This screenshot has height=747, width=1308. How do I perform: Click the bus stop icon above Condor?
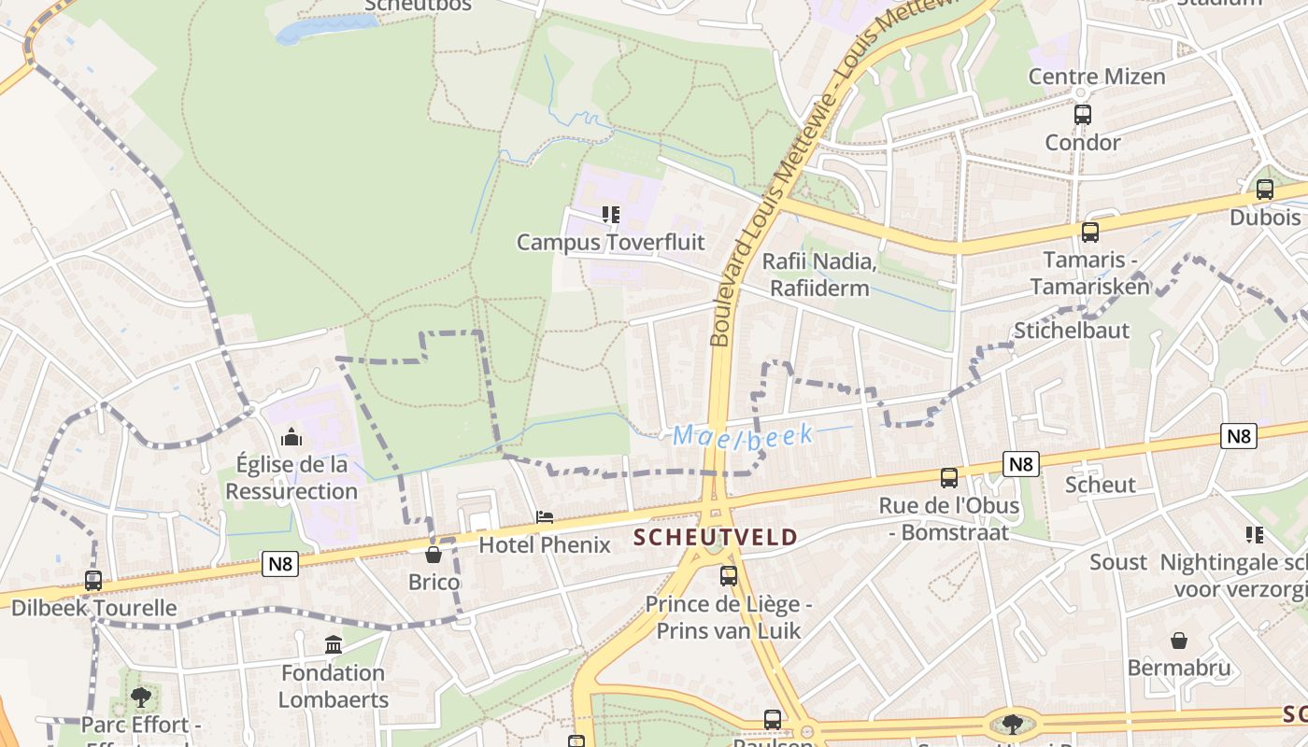tap(1082, 115)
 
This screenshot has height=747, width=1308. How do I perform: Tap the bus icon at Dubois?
tap(1264, 190)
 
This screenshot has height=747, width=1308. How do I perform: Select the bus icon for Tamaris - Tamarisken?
tap(1089, 233)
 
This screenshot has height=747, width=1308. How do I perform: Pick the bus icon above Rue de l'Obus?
tap(948, 478)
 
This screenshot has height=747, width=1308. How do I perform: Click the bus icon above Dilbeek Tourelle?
tap(92, 580)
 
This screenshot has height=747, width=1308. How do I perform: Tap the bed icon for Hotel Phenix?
tap(544, 516)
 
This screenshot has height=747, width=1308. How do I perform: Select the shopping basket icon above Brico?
tap(434, 555)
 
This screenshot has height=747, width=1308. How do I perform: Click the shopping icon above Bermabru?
tap(1178, 641)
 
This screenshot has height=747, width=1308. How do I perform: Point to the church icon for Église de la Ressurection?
tap(291, 436)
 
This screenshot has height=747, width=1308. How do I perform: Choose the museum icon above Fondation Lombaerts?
tap(333, 644)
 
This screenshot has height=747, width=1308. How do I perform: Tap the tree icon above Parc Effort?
tap(140, 697)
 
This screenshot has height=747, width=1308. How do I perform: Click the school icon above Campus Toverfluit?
tap(610, 215)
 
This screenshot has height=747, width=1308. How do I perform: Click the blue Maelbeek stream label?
tap(743, 435)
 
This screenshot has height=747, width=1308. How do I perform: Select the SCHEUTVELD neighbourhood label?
tap(716, 537)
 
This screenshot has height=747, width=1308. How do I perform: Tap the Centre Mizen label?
tap(1097, 77)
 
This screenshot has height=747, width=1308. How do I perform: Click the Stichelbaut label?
tap(1071, 331)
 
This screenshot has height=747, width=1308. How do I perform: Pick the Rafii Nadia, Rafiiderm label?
tap(819, 275)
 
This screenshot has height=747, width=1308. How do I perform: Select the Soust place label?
tap(1117, 562)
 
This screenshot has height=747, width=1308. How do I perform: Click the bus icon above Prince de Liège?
tap(728, 576)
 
